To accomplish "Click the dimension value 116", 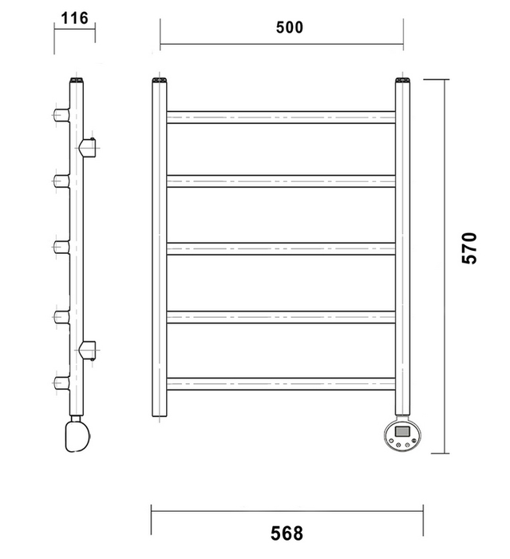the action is tap(74, 18).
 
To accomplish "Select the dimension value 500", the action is tap(290, 27).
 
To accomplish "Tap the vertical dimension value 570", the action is tap(469, 248).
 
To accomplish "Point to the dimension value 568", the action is tap(287, 533).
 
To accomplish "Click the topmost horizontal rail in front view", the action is tap(281, 117).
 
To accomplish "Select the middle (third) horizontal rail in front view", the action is tap(281, 248).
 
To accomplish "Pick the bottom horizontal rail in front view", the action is tap(281, 384).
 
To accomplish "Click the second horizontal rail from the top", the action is tap(281, 181).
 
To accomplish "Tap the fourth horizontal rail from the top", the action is tap(281, 317).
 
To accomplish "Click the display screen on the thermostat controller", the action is tap(402, 431).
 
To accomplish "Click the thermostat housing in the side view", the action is tap(77, 436).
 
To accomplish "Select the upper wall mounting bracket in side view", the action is tap(88, 148).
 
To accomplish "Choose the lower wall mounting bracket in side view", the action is tap(88, 350).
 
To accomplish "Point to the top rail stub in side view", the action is tap(61, 115).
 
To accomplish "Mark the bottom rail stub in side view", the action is tap(61, 383).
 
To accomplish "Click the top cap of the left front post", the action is tap(160, 80).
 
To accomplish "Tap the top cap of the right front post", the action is tap(403, 80).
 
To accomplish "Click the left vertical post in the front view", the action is tap(160, 247).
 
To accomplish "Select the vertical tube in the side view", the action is tap(77, 247).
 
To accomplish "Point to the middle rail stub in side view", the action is tap(61, 247).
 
